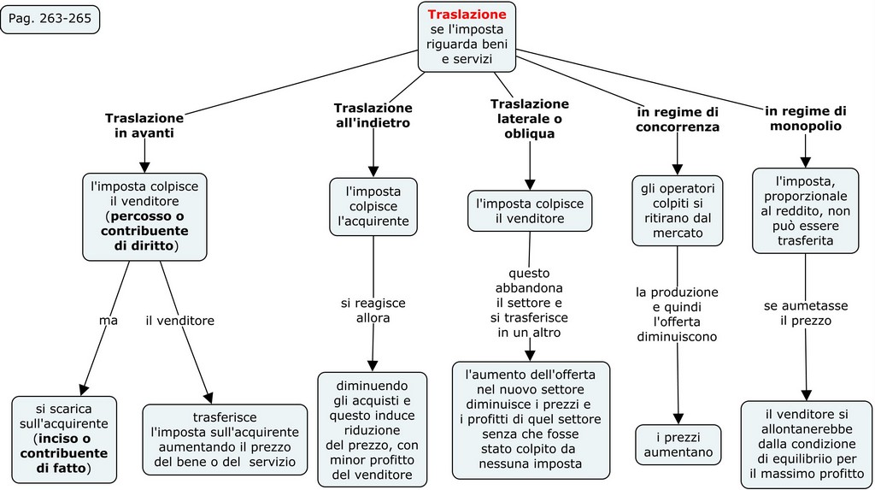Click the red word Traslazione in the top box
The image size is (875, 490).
point(467,15)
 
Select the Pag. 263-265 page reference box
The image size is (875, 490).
point(50,19)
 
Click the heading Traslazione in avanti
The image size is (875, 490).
point(144,125)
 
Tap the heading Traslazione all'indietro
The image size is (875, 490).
point(373,115)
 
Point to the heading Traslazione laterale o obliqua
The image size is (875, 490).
point(529,118)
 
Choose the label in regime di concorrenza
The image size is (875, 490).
point(678,119)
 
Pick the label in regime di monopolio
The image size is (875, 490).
point(805,118)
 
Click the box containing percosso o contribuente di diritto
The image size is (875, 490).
point(145,217)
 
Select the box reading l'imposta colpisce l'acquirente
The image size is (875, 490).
point(373,206)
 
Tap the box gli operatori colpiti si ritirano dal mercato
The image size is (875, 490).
point(678,210)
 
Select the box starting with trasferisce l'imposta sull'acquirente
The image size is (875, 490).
point(225,440)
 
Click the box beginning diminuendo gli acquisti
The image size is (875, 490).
point(373,428)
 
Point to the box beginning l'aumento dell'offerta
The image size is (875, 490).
point(531,419)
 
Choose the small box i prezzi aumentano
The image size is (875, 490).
point(678,444)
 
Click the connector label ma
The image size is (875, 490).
point(108,321)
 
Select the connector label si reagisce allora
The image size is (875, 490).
point(373,310)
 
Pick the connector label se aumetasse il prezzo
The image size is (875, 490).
point(805,313)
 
